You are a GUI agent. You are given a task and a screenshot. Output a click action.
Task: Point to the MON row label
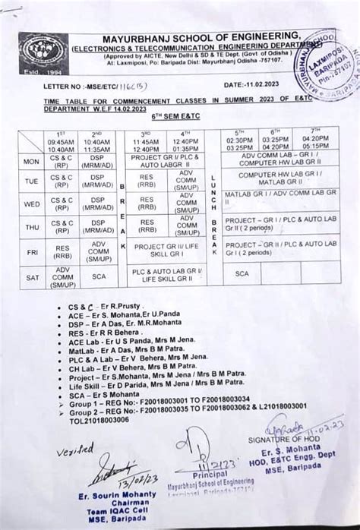(x=32, y=162)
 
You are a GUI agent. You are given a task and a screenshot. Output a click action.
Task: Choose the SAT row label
(x=32, y=278)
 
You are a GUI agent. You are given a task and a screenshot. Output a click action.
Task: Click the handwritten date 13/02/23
(x=125, y=478)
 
